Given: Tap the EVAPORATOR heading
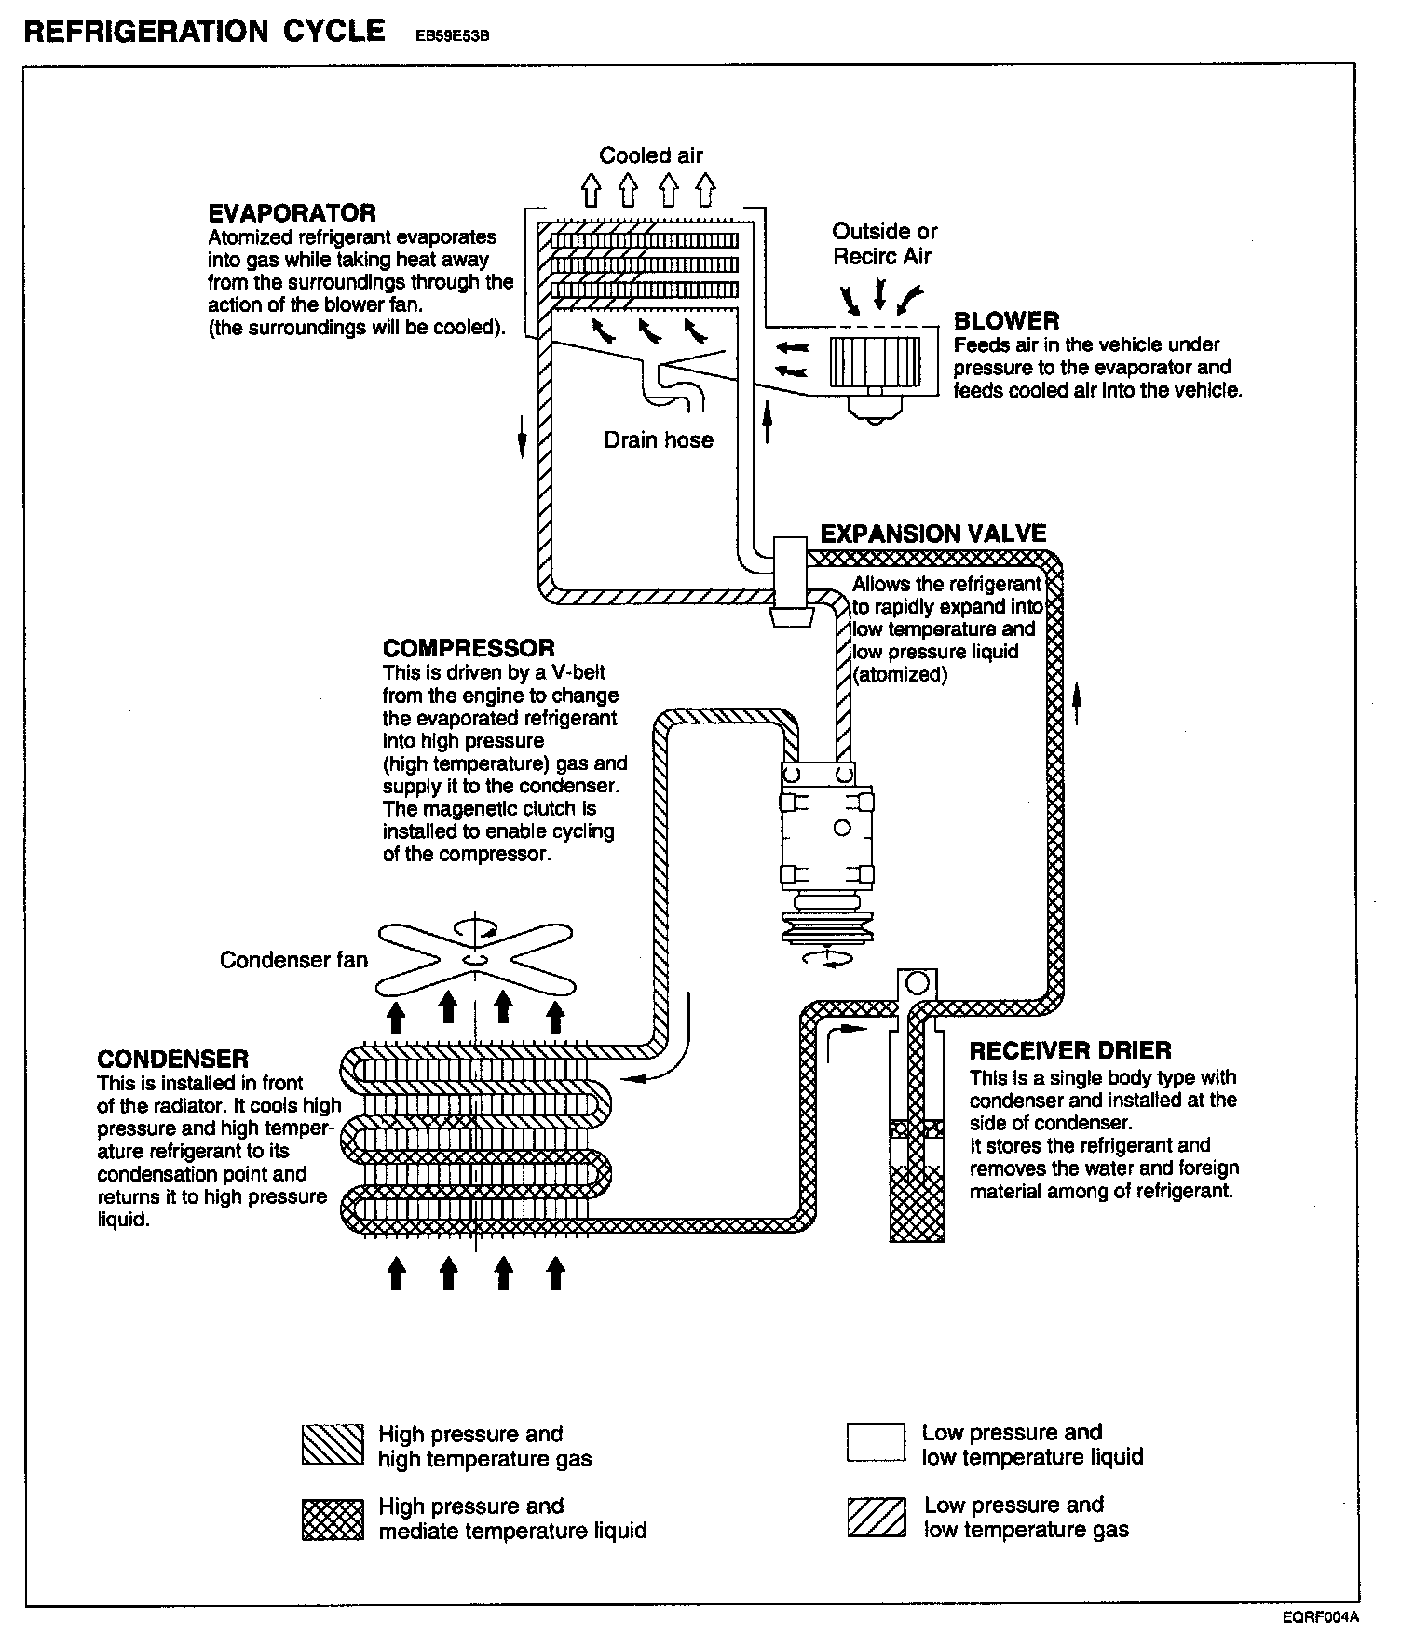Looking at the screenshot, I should click(292, 213).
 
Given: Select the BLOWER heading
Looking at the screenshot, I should click(1006, 321).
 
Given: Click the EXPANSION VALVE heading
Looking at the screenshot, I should click(932, 534).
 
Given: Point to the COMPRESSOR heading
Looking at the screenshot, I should click(468, 648).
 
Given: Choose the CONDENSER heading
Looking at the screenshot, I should click(173, 1059).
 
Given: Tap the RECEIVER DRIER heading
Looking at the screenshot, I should click(1070, 1051).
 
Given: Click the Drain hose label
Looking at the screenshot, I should click(659, 439).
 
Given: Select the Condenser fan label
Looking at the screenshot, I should click(293, 959).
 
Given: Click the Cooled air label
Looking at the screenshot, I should click(651, 155).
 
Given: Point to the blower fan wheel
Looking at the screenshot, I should click(867, 361).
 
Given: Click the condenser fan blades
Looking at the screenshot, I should click(474, 959).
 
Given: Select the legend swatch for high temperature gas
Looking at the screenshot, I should click(333, 1446).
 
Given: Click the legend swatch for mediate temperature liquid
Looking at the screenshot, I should click(333, 1520).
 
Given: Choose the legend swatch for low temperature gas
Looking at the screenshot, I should click(876, 1518).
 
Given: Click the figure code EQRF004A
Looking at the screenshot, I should click(1320, 1617).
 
